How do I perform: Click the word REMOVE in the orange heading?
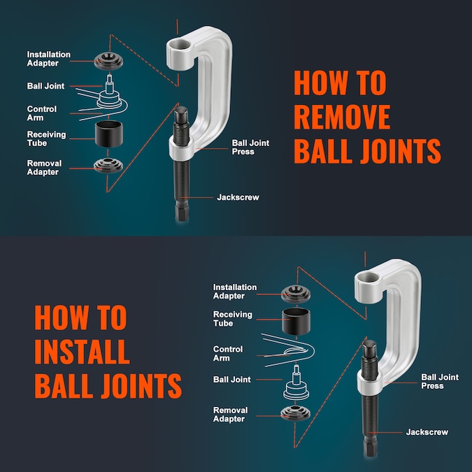[x=342, y=117]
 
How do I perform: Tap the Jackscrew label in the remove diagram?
[x=238, y=197]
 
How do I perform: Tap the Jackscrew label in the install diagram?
[x=427, y=432]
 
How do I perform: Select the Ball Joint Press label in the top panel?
[x=250, y=147]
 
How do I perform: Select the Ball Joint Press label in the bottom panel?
[x=440, y=381]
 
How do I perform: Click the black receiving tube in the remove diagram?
[x=110, y=133]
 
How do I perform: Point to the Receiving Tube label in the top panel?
[x=46, y=138]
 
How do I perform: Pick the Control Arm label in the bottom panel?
[x=228, y=353]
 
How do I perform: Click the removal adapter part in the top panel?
[x=110, y=166]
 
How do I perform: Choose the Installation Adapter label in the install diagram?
[x=235, y=292]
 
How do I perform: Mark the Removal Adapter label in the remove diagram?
[x=44, y=168]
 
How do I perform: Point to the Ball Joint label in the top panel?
[x=45, y=86]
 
